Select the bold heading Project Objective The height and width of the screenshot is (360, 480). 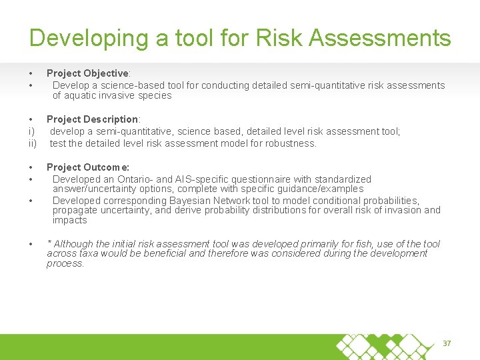[x=87, y=73]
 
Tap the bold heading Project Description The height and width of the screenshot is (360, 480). [x=92, y=119]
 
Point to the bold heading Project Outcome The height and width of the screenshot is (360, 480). [x=87, y=167]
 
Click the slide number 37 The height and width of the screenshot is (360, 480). [x=447, y=343]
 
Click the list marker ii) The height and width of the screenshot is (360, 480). [x=32, y=143]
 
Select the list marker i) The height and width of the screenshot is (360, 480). [x=31, y=131]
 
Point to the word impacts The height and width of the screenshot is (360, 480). [x=69, y=220]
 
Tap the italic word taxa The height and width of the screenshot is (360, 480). [x=89, y=253]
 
